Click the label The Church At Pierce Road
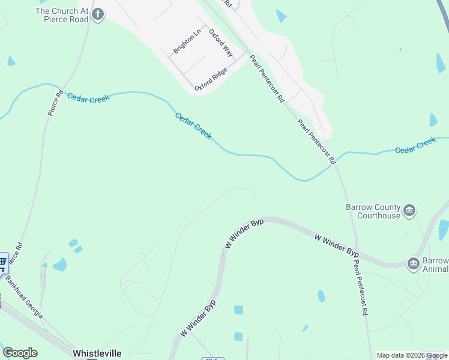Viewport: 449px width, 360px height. [62, 15]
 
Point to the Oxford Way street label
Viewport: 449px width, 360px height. [221, 43]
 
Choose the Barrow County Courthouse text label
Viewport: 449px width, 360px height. [372, 211]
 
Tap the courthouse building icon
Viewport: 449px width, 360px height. [410, 210]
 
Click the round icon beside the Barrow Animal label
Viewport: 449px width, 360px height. [413, 263]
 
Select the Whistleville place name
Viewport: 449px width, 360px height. [97, 353]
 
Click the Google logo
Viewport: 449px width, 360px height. [20, 353]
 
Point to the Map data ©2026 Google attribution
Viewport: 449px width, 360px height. [412, 355]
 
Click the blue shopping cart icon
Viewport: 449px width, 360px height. [3, 262]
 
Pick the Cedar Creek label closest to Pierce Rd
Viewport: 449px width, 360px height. [88, 98]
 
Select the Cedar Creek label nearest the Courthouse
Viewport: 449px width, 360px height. [415, 145]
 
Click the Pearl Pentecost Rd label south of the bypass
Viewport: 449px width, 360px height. [360, 288]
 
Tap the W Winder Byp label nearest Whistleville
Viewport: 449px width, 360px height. [197, 316]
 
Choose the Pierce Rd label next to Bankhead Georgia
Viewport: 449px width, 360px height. [17, 255]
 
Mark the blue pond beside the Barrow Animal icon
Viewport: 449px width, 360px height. [444, 230]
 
